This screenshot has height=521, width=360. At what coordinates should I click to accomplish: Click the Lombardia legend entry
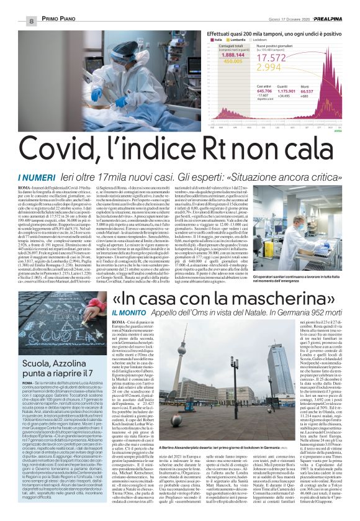(x=224, y=39)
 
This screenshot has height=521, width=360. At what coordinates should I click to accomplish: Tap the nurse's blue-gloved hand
(x=97, y=93)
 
